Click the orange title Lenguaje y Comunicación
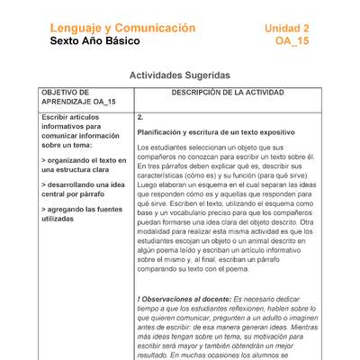[122, 28]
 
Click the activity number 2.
[140, 117]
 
